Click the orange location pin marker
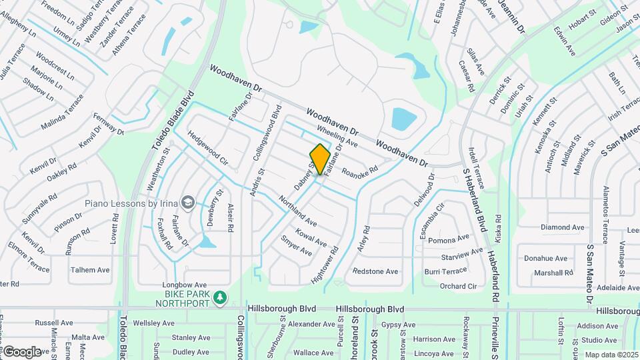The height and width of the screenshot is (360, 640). [320, 159]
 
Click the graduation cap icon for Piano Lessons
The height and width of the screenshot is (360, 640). [189, 202]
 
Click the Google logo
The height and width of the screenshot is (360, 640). [21, 351]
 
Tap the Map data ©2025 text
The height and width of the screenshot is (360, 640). [611, 355]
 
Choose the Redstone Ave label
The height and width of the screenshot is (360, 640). [375, 271]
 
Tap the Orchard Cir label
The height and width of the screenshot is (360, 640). [458, 287]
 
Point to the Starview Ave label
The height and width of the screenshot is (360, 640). [461, 254]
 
